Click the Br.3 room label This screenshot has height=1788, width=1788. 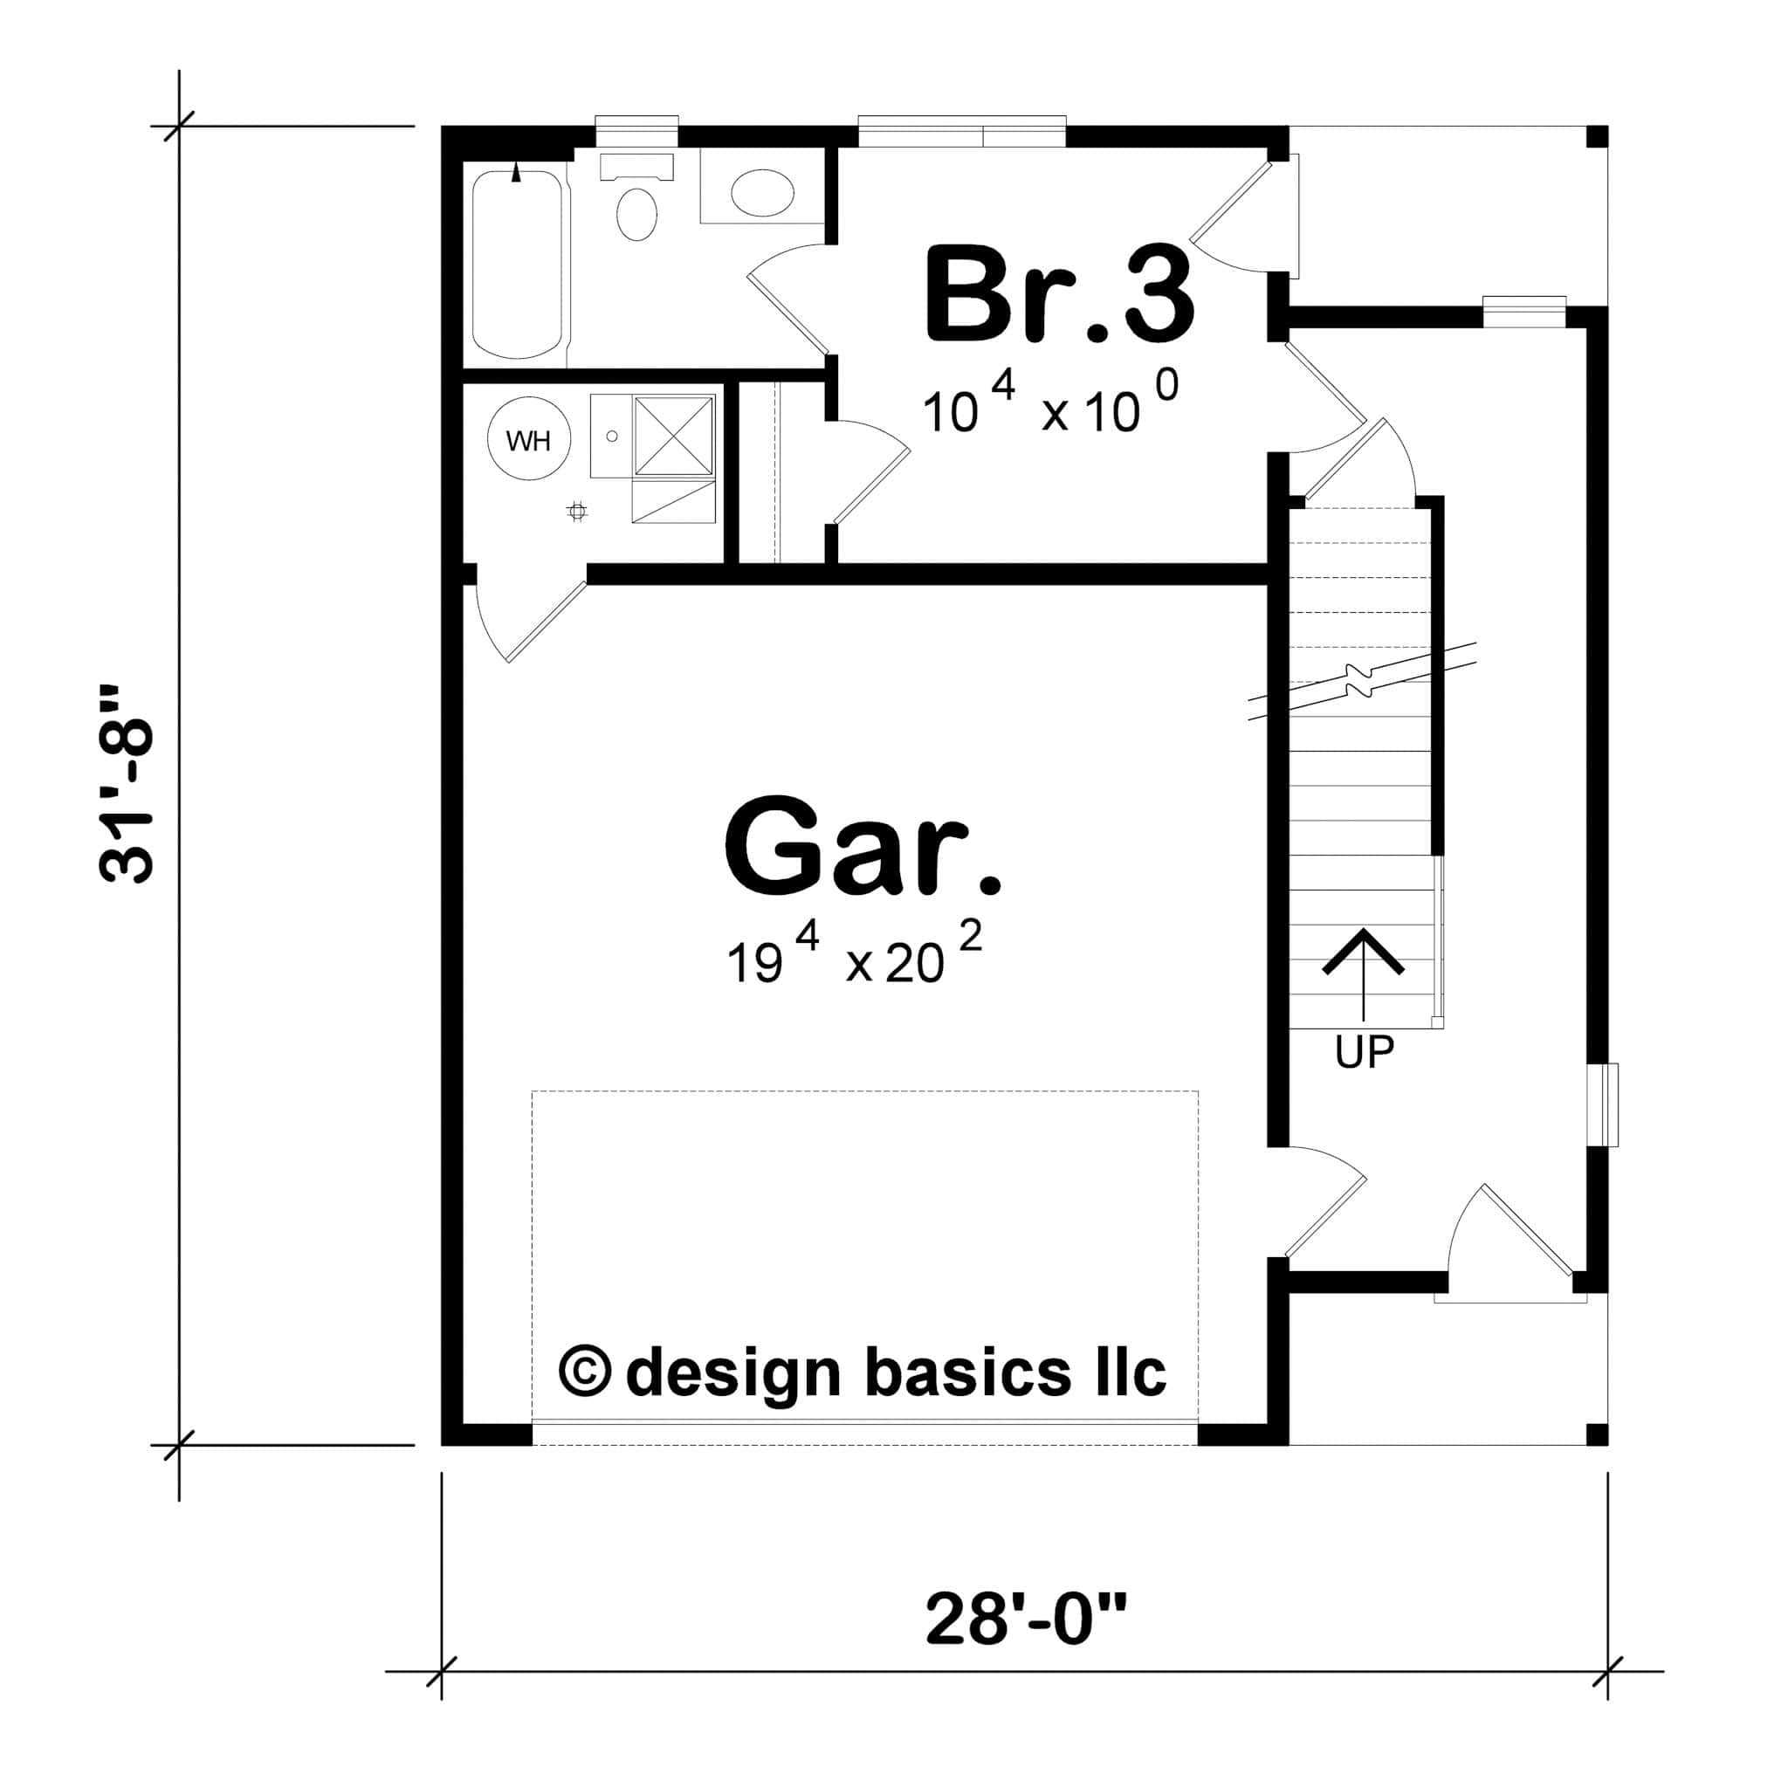point(1059,294)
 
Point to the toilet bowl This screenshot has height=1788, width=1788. point(636,214)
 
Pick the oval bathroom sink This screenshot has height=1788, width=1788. point(761,192)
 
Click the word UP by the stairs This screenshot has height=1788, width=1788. point(1365,1051)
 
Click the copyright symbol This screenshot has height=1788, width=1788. point(585,1372)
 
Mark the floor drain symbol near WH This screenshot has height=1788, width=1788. point(577,511)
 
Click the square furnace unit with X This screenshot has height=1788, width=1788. point(673,435)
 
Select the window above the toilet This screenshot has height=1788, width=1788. point(636,130)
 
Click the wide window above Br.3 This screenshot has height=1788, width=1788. point(961,130)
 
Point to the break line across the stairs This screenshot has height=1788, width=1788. point(1362,682)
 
